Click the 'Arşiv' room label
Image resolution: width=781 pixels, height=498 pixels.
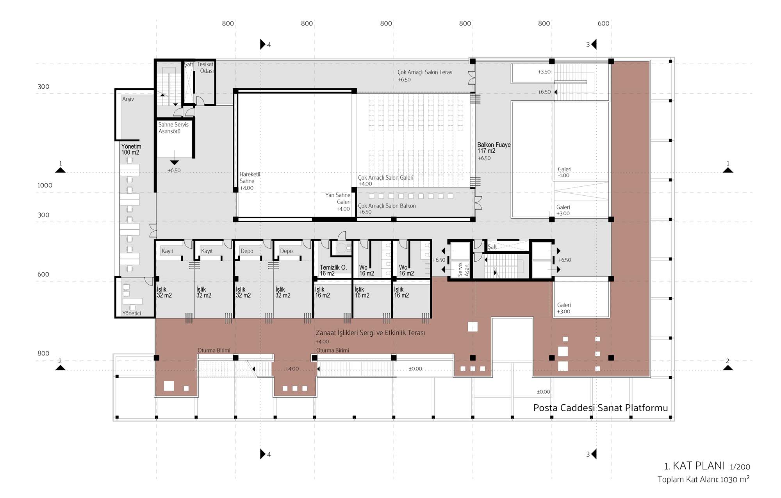[128, 99]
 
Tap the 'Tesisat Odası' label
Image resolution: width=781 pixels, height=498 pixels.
[205, 68]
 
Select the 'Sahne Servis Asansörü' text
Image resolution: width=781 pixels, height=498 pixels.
[173, 128]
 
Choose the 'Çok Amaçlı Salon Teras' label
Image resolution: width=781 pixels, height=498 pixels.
[425, 72]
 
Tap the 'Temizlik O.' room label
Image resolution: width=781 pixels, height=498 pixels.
[333, 268]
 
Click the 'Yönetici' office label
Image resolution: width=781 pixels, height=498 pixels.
[132, 313]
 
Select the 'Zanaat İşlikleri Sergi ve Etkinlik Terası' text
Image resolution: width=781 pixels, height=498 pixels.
[370, 333]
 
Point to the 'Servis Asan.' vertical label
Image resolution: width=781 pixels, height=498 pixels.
[463, 270]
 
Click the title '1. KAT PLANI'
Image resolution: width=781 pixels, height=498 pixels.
[694, 466]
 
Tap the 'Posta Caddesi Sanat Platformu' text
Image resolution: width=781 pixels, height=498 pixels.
[601, 408]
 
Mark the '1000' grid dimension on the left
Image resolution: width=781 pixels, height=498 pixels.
[45, 186]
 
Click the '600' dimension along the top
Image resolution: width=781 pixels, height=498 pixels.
[603, 23]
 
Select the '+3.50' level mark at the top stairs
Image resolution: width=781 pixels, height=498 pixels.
[544, 72]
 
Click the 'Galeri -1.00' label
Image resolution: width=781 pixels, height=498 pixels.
[564, 172]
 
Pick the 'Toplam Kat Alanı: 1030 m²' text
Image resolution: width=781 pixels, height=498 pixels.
[704, 479]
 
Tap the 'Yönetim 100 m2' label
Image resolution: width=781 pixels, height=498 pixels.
[131, 150]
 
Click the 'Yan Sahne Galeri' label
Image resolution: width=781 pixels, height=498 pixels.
[338, 198]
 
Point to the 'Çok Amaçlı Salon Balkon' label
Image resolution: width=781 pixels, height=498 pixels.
[387, 206]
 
